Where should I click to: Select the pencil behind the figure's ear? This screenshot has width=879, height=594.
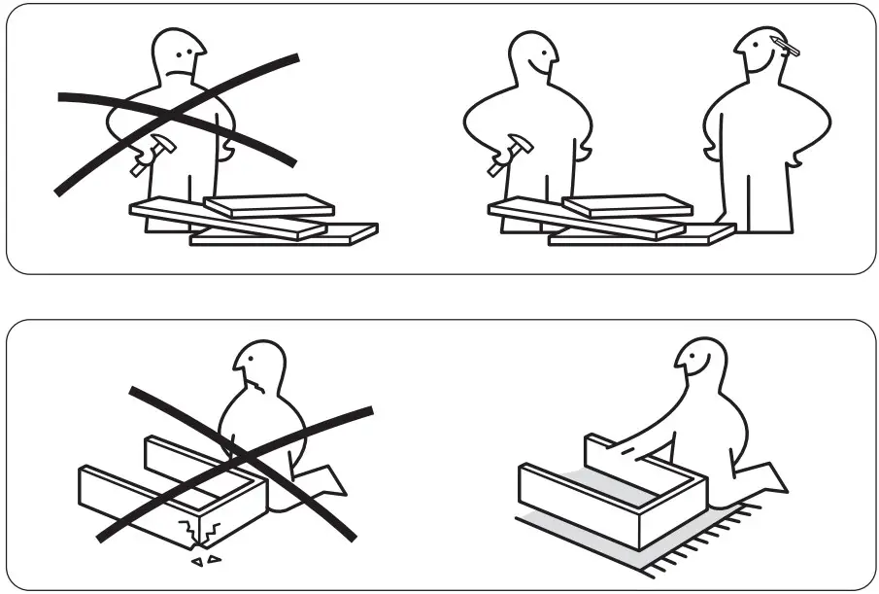point(787,44)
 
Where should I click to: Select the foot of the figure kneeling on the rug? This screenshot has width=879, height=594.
point(767,476)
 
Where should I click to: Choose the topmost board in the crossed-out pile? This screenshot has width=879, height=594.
point(269,205)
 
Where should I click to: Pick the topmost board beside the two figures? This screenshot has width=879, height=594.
point(627,205)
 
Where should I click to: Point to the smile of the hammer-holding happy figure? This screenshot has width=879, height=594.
point(546,68)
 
